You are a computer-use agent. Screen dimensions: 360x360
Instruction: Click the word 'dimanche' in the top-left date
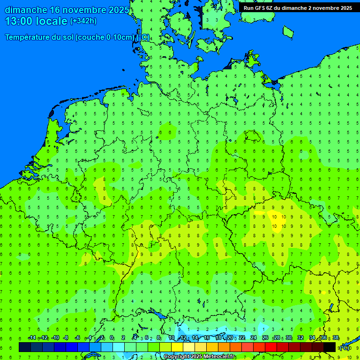pos(26,10)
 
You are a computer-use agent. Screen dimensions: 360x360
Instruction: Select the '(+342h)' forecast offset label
pos(83,21)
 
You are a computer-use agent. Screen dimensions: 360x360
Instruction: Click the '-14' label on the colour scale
pos(32,338)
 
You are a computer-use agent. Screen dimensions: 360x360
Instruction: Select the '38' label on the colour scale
pos(336,338)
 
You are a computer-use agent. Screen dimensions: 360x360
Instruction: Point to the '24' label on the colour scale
pos(254,338)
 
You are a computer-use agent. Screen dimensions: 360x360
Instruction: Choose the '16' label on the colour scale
pos(207,338)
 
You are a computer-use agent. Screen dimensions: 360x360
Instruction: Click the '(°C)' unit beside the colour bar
pos(344,347)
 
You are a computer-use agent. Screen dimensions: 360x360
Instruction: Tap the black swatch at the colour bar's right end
pos(330,347)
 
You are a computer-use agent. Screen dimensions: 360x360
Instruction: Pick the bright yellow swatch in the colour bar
pos(177,347)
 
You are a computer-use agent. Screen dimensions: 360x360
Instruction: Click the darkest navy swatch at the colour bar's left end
pos(25,347)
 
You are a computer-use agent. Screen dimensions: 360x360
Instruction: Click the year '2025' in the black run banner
pos(345,8)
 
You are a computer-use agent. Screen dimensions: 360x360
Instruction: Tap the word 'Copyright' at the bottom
pos(177,357)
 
